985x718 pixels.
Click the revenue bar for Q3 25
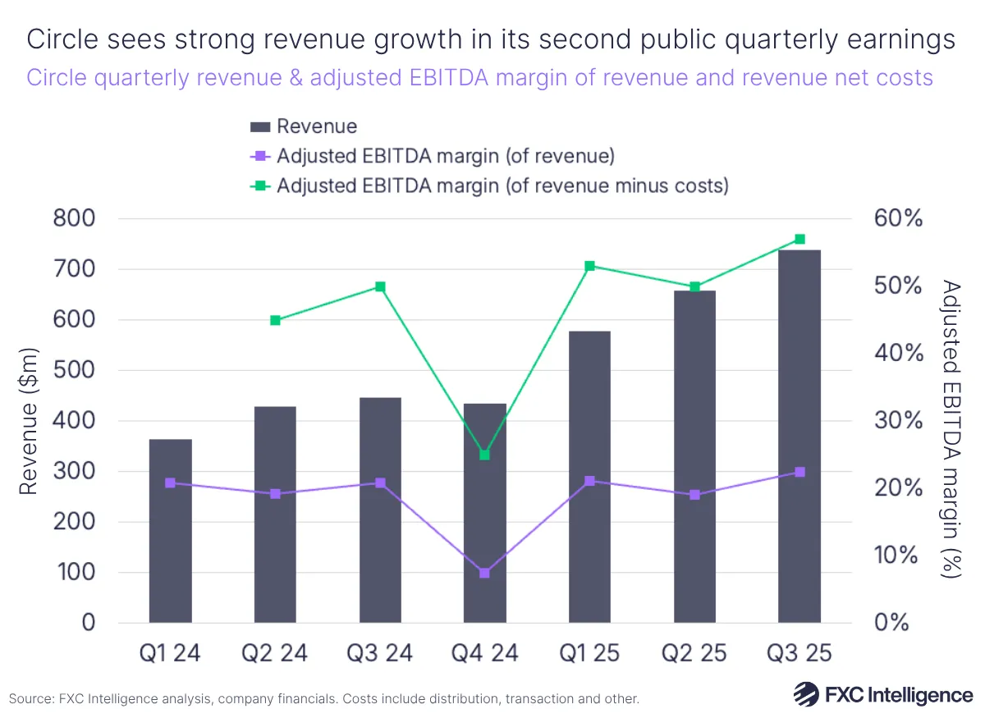pyautogui.click(x=799, y=436)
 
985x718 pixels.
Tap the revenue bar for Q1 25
pyautogui.click(x=589, y=477)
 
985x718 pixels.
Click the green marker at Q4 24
pyautogui.click(x=484, y=455)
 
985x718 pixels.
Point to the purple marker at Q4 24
pyautogui.click(x=484, y=573)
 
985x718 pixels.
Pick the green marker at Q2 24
pyautogui.click(x=275, y=320)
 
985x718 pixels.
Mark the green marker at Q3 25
pyautogui.click(x=799, y=240)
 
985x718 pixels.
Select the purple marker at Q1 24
pyautogui.click(x=171, y=483)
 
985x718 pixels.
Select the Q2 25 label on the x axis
pyautogui.click(x=694, y=653)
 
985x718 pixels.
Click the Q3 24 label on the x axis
pyautogui.click(x=380, y=653)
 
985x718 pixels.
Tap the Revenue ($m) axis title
pyautogui.click(x=30, y=420)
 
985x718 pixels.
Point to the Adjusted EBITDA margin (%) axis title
pyautogui.click(x=951, y=428)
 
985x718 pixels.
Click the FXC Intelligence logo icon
pyautogui.click(x=808, y=694)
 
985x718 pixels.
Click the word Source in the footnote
pyautogui.click(x=30, y=699)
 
